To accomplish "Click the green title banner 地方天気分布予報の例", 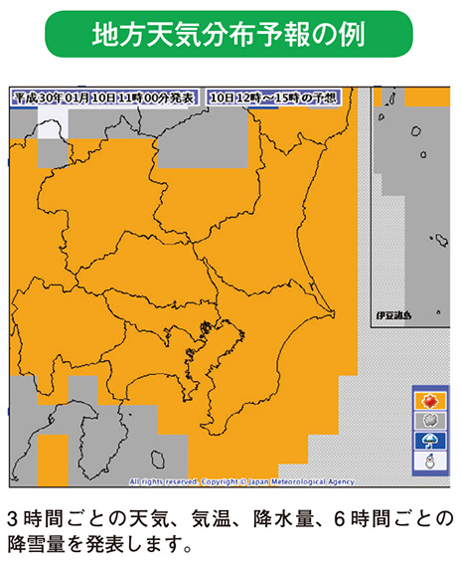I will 230,35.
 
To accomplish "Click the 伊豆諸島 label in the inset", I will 392,315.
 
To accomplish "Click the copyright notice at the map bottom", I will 241,481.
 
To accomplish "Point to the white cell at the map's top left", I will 52,123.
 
